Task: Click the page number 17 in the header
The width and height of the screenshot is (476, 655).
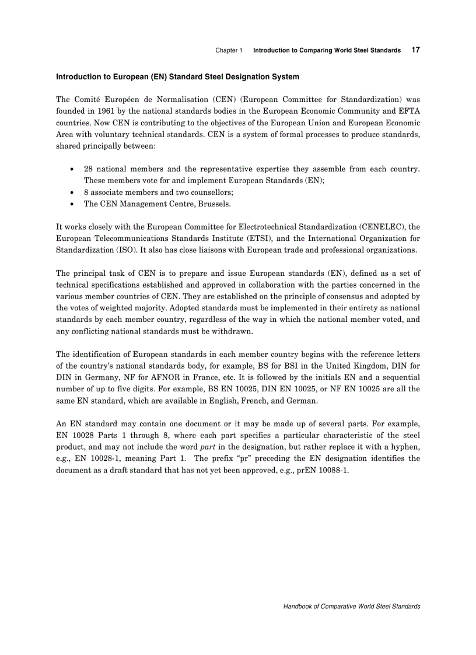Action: point(415,50)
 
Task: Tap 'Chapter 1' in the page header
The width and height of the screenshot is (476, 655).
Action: point(229,51)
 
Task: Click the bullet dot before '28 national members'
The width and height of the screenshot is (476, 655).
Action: point(71,170)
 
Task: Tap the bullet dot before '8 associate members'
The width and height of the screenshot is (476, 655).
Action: point(71,192)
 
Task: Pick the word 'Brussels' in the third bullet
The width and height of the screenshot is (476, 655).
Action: point(213,204)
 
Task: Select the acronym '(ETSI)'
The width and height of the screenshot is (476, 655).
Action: point(247,238)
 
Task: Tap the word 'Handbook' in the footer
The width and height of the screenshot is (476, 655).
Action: point(297,607)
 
